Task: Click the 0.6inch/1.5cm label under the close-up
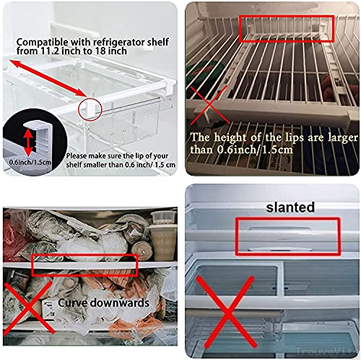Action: (x=27, y=162)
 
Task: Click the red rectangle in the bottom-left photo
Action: (x=85, y=265)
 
